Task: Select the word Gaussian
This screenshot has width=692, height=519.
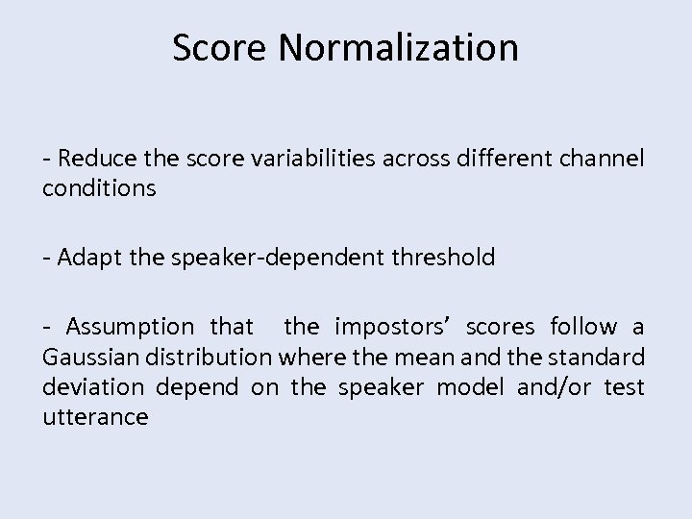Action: point(89,358)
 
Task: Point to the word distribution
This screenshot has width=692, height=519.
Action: point(213,358)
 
